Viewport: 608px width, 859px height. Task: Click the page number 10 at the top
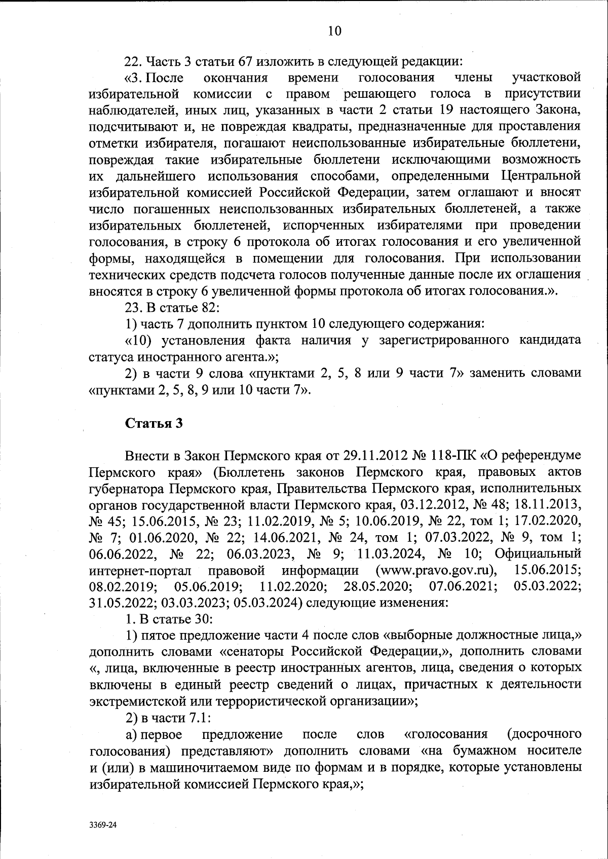click(335, 31)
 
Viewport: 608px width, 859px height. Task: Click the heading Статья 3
click(154, 423)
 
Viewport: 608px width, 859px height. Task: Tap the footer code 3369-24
click(103, 825)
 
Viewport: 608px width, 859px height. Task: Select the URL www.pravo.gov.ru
click(436, 570)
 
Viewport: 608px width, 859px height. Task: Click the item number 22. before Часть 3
click(134, 61)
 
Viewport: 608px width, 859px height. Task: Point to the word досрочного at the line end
click(544, 734)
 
